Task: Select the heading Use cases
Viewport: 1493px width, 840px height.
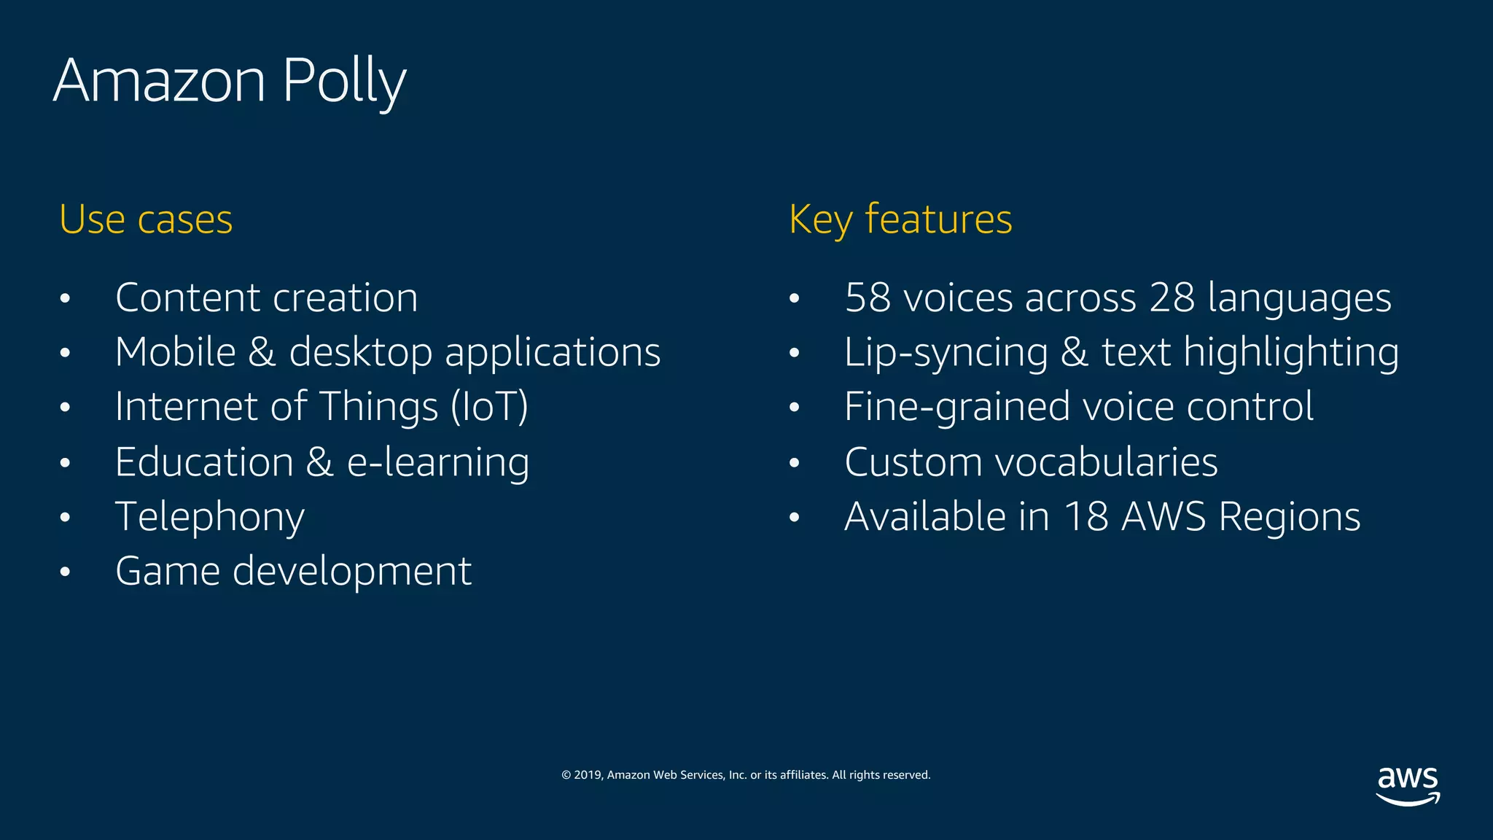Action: point(146,219)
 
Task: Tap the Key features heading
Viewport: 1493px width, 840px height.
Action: point(900,219)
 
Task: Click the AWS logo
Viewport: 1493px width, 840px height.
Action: point(1408,785)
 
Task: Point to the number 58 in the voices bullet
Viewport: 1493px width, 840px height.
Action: point(868,298)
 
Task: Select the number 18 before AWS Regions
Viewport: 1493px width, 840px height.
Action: point(1086,517)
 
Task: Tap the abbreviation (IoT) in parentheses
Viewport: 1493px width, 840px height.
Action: point(489,407)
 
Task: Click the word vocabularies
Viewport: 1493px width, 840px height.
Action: point(1106,462)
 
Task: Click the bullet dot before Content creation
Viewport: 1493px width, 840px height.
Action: point(66,299)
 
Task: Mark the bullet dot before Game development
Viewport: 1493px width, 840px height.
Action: point(66,572)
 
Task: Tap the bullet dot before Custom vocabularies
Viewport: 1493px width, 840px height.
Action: point(795,463)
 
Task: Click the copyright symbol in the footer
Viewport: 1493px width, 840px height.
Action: point(566,775)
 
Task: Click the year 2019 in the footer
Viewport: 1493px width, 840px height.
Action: point(587,775)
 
